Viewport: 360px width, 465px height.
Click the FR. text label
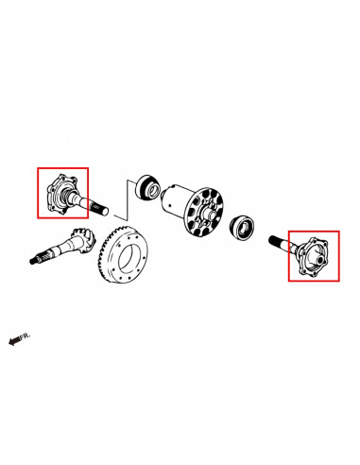point(25,336)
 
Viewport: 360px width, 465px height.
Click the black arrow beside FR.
point(14,341)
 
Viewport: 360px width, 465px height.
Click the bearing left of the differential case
point(147,188)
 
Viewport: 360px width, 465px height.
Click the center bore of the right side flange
point(320,260)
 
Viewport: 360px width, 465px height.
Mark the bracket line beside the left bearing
point(126,199)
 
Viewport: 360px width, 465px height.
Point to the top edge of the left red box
point(62,168)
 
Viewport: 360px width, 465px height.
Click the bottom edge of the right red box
point(314,281)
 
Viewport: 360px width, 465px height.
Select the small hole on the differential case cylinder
point(170,205)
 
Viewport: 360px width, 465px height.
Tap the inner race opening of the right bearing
point(245,228)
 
